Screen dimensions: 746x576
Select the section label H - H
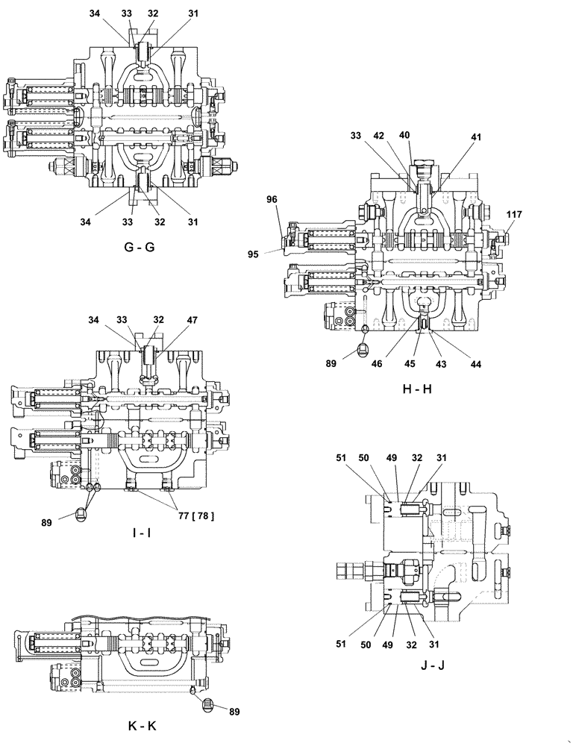pyautogui.click(x=416, y=389)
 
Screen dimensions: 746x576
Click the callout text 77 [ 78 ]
pyautogui.click(x=194, y=515)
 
